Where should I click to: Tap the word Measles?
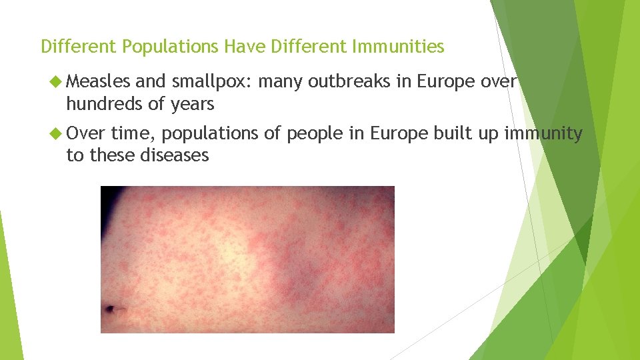[99, 82]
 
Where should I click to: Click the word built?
[452, 134]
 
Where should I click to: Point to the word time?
[133, 134]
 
